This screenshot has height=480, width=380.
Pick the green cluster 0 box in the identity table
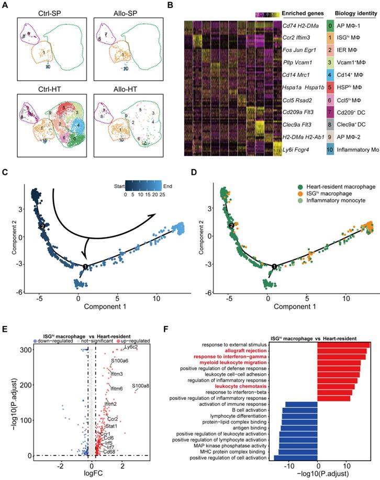coord(329,25)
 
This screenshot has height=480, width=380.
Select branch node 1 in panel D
coord(274,266)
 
